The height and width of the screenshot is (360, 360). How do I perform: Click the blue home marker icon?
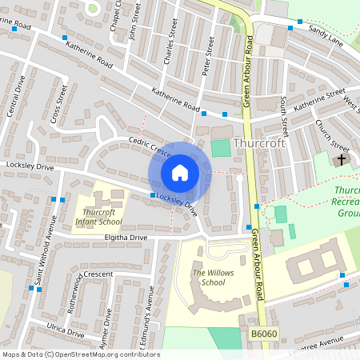[180, 173]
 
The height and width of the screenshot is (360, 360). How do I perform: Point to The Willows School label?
[209, 278]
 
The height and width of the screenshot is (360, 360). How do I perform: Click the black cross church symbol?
[342, 159]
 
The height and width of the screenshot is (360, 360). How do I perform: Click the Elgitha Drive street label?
[126, 238]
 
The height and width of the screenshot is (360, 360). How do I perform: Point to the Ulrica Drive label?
[66, 330]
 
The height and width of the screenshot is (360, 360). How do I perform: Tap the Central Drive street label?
[17, 96]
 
